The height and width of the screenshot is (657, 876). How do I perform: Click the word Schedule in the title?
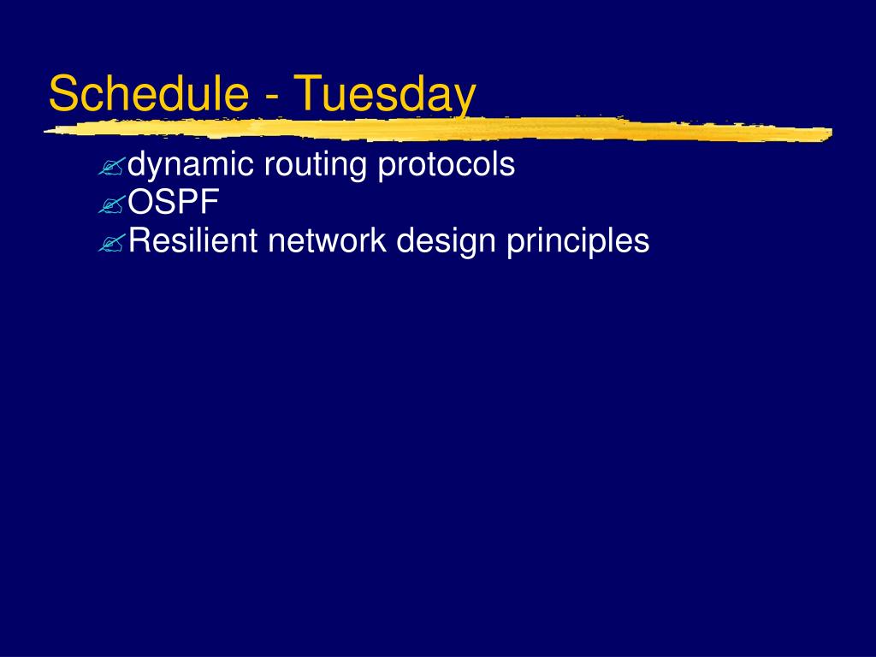pyautogui.click(x=149, y=92)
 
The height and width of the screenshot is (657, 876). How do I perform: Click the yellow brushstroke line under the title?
pyautogui.click(x=438, y=129)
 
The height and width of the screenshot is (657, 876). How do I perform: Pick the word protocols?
pyautogui.click(x=447, y=166)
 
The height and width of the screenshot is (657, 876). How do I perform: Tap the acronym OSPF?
pyautogui.click(x=173, y=202)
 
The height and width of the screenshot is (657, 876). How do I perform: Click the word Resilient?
pyautogui.click(x=192, y=240)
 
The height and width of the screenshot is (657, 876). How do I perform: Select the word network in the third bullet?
pyautogui.click(x=327, y=240)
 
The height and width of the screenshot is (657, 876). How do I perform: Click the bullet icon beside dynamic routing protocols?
pyautogui.click(x=112, y=167)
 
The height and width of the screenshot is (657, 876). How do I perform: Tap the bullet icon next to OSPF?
pyautogui.click(x=112, y=204)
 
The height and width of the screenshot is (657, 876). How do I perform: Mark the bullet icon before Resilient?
pyautogui.click(x=112, y=242)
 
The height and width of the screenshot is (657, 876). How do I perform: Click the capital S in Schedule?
pyautogui.click(x=62, y=92)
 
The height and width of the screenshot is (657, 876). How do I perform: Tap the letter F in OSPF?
pyautogui.click(x=210, y=202)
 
